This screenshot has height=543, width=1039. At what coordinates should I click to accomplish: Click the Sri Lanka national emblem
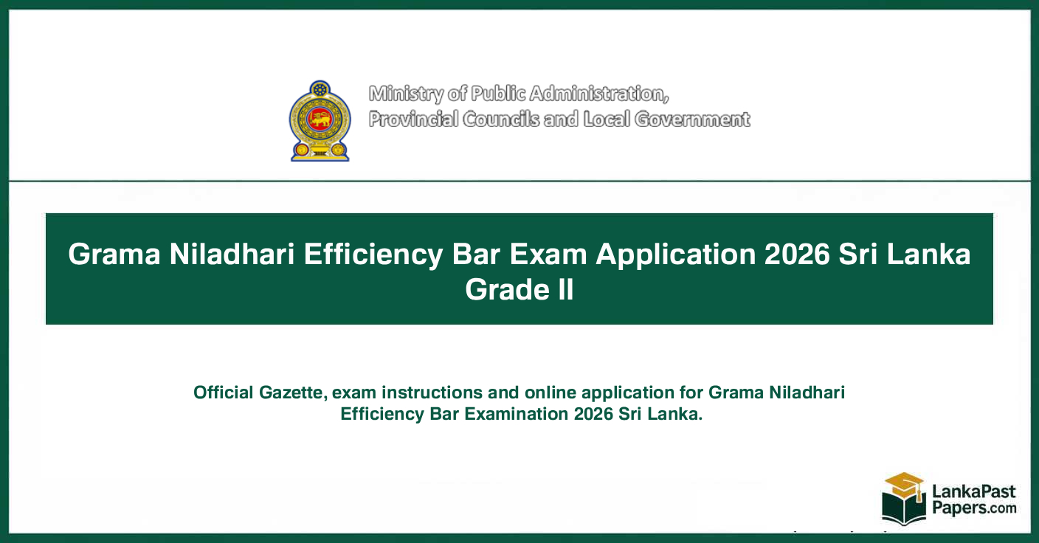320,120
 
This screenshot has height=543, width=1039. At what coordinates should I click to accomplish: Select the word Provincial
413,120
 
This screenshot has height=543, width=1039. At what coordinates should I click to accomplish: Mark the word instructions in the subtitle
424,392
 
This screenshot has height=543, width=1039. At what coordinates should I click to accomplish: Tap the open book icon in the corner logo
903,510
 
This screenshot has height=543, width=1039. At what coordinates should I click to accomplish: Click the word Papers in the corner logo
956,508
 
